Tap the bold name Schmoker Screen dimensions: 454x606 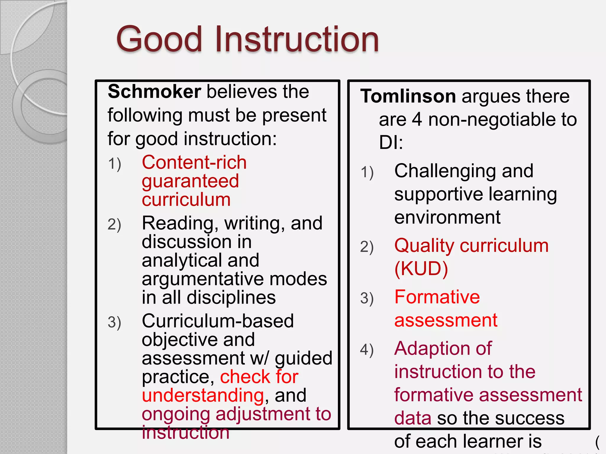tap(154, 92)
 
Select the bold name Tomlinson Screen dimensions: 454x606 tap(408, 96)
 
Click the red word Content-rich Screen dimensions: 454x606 tap(194, 163)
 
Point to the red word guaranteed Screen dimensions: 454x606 tap(190, 181)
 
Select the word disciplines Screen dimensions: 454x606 tap(231, 297)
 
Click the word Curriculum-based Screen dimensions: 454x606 tap(218, 321)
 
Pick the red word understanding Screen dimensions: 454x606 tap(203, 395)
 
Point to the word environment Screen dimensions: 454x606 tap(447, 217)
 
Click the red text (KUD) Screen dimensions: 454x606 tap(421, 269)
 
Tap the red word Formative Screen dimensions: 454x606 tap(437, 297)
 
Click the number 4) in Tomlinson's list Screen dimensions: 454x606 tap(367, 350)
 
